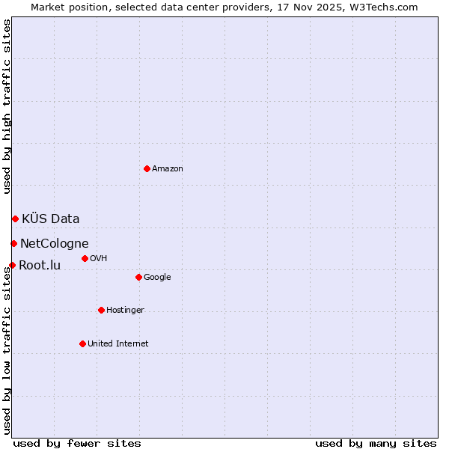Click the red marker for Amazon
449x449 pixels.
point(147,168)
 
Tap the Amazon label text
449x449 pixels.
point(168,169)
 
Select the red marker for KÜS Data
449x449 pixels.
point(15,219)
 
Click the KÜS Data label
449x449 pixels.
point(51,219)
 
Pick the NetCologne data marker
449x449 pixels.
point(13,243)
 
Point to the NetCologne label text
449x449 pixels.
point(55,244)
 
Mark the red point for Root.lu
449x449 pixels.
point(12,265)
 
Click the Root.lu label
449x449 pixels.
point(40,266)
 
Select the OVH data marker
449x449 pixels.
point(85,258)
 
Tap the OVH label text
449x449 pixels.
point(99,259)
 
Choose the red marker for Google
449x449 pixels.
point(138,277)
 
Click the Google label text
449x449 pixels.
point(157,278)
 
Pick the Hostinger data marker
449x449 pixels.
point(101,310)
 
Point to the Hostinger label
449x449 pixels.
point(125,311)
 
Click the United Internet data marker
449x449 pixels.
point(82,343)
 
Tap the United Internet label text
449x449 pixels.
point(118,344)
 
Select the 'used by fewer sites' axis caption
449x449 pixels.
point(77,443)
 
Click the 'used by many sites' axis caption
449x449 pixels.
point(376,443)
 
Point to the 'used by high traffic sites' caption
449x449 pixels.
point(7,106)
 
